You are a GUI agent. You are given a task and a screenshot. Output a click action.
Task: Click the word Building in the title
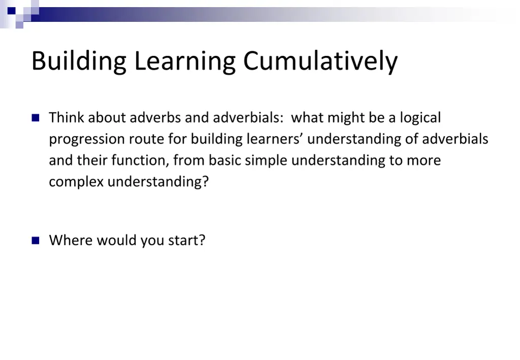(x=79, y=61)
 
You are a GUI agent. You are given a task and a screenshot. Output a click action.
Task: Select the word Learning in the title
(x=185, y=61)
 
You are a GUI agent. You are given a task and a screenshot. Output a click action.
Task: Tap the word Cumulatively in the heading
(x=320, y=61)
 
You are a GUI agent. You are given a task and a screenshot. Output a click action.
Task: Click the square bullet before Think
(x=36, y=118)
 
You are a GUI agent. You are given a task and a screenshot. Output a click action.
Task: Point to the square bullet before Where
(x=36, y=240)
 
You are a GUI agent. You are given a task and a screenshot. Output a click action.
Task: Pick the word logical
(x=420, y=118)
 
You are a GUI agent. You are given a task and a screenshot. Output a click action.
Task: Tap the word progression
(x=87, y=139)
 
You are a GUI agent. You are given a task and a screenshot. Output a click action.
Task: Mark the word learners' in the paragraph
(x=275, y=139)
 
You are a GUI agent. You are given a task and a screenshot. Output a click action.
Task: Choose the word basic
(x=225, y=160)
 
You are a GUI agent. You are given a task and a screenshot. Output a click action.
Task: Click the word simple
(x=266, y=160)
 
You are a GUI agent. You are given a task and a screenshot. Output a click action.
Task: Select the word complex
(x=76, y=182)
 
